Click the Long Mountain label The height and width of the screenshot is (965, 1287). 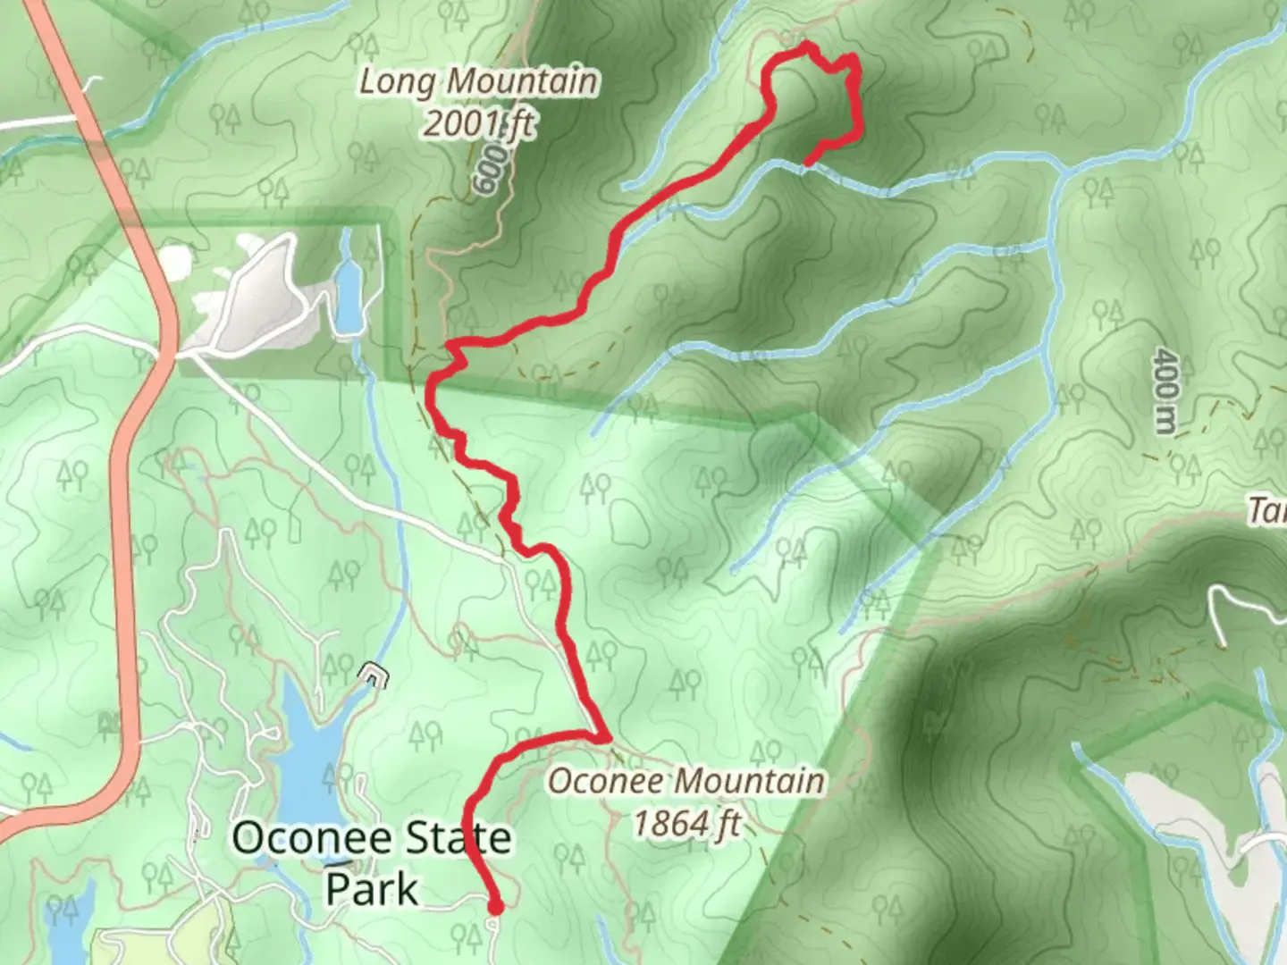point(478,82)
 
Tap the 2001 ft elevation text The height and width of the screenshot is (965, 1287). point(478,123)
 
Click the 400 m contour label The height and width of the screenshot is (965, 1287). point(1164,390)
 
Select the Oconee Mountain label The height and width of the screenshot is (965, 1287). point(686,782)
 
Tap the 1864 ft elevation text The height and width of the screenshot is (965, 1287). point(686,823)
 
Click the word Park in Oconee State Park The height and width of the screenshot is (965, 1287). point(372,888)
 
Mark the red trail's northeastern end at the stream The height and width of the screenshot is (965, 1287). point(808,164)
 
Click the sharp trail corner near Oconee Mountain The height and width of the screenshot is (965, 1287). point(606,738)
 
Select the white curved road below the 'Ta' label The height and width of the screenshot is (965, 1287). point(1242,608)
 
